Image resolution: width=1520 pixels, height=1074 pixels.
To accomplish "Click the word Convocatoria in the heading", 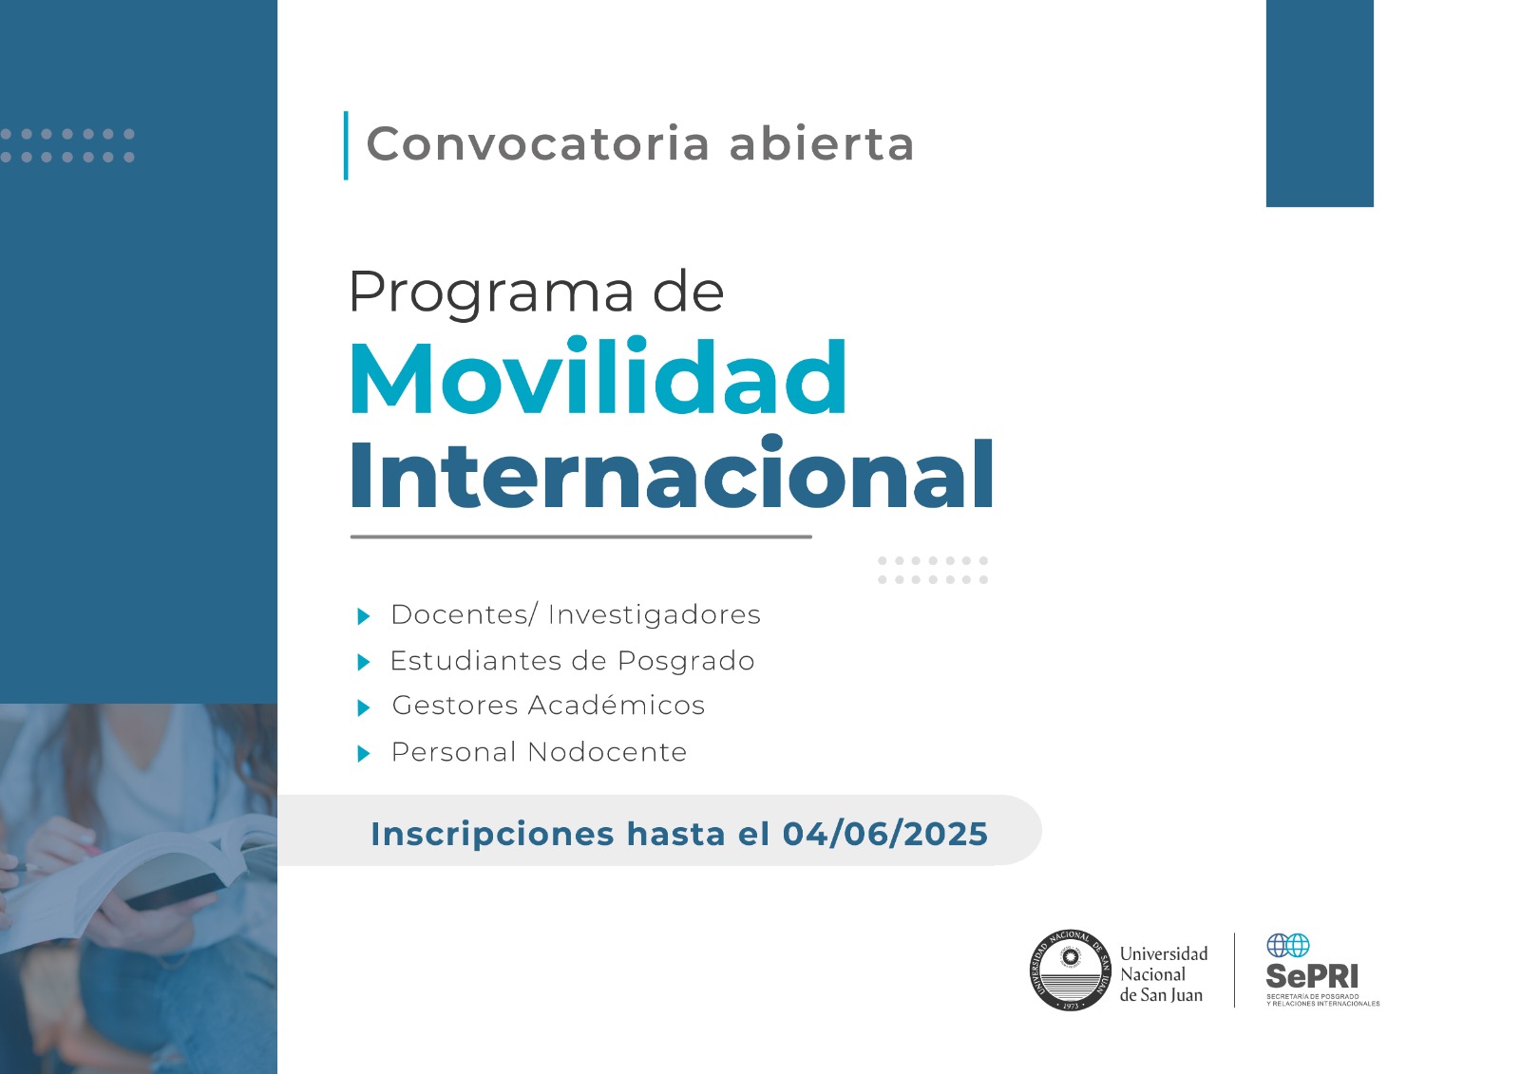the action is (x=538, y=143).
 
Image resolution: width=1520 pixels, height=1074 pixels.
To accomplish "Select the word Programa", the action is (x=491, y=292).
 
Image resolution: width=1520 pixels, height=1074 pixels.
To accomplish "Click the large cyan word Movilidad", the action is (x=598, y=377).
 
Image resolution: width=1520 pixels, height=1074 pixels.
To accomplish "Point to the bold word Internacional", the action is (x=672, y=473).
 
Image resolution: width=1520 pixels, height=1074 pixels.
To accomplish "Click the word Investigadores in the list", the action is (x=655, y=615).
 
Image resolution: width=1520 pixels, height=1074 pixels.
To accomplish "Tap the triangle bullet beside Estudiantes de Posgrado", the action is (x=364, y=662).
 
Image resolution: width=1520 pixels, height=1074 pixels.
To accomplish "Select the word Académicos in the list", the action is (x=617, y=705).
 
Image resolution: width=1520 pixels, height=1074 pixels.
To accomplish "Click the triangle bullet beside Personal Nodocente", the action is (x=364, y=753).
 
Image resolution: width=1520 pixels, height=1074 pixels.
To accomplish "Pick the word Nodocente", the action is (x=607, y=752).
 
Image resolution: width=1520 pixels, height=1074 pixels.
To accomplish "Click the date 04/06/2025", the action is (x=884, y=833).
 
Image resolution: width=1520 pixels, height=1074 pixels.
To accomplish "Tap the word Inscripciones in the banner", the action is (x=492, y=835).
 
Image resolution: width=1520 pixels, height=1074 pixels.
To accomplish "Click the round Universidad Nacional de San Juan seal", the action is (x=1070, y=970).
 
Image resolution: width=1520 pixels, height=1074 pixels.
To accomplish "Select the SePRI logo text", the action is (x=1312, y=976).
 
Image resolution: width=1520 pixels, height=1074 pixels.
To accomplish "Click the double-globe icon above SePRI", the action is (x=1288, y=945).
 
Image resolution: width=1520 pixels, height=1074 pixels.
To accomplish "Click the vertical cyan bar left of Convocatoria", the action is (x=346, y=145).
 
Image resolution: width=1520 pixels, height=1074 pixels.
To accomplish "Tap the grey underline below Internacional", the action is (x=580, y=537).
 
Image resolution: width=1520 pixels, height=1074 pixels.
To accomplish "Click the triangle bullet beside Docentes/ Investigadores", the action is (x=364, y=616).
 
